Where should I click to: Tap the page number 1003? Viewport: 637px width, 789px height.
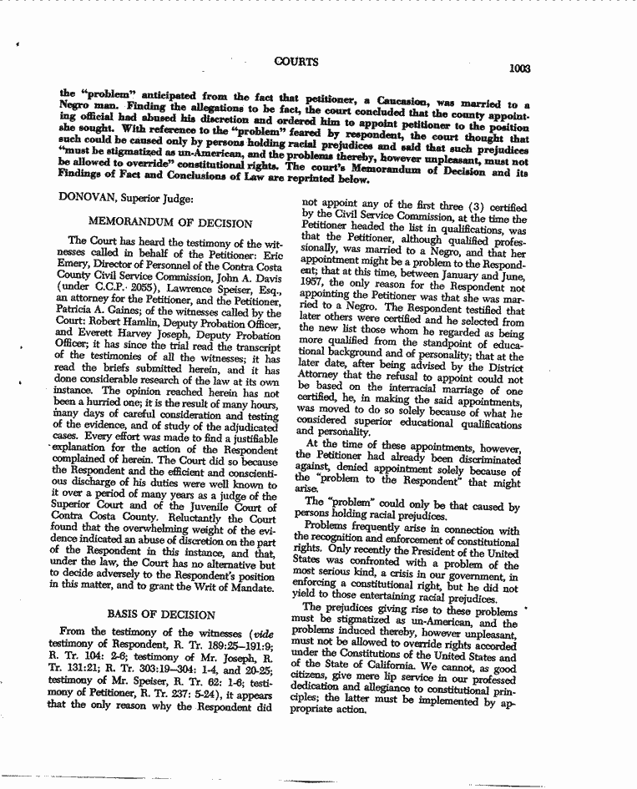pyautogui.click(x=519, y=68)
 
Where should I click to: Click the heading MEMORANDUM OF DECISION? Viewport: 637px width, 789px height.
pyautogui.click(x=169, y=223)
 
